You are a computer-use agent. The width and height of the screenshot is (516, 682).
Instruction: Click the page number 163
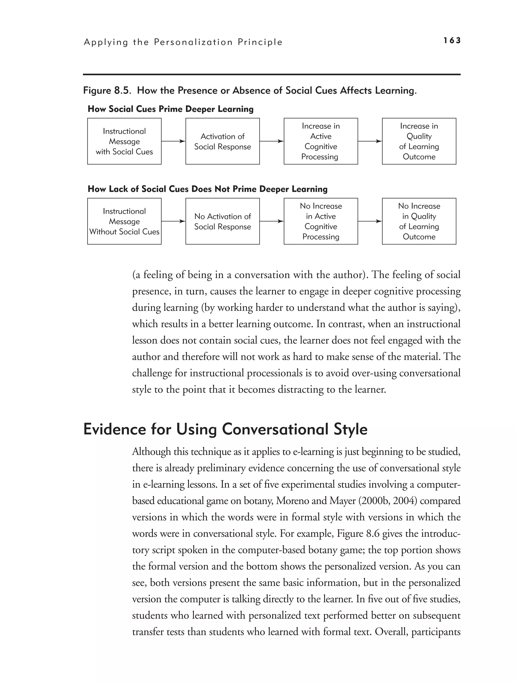click(452, 40)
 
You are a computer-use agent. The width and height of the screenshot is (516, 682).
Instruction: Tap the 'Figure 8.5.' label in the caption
click(108, 91)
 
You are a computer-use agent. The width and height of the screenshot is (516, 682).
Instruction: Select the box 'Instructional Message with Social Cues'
click(124, 141)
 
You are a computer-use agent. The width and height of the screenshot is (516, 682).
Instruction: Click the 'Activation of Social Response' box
click(222, 141)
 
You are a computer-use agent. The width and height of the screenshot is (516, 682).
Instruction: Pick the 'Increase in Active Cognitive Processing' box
click(320, 141)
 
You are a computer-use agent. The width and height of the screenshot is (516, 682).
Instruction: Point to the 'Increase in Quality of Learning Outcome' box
click(419, 141)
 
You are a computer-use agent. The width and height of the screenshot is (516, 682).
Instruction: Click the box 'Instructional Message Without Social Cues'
click(124, 221)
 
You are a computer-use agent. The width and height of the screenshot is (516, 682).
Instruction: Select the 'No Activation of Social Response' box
click(222, 221)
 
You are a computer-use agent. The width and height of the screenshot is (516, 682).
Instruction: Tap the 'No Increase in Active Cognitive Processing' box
click(320, 221)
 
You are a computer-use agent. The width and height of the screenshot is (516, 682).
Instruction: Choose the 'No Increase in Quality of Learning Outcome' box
click(419, 221)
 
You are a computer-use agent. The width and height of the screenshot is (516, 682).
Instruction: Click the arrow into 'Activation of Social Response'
click(173, 141)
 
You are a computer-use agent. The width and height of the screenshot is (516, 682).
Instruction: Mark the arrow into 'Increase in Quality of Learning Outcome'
click(370, 141)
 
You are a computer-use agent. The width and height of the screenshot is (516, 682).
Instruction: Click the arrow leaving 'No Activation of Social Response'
click(271, 221)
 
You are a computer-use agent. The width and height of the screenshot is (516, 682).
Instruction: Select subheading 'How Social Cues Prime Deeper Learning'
click(171, 109)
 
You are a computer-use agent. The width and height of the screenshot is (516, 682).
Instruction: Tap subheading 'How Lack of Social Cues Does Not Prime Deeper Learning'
click(207, 189)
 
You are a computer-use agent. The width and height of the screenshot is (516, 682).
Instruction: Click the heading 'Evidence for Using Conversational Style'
click(225, 429)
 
